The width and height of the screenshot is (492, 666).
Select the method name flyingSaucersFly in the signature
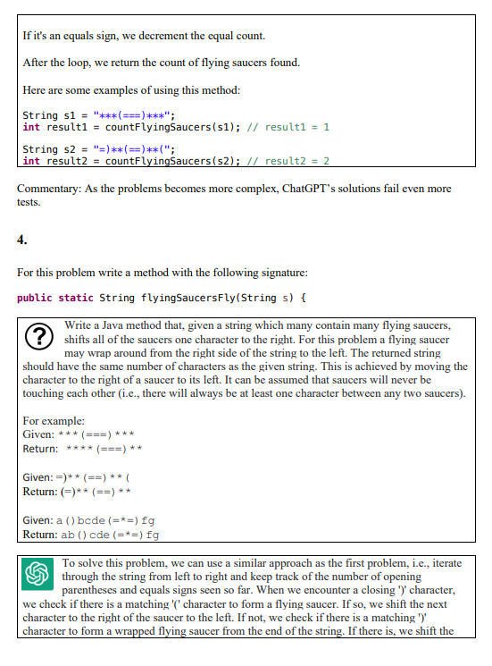(185, 297)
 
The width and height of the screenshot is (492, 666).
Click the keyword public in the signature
(37, 297)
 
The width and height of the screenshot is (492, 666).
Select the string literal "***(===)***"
(134, 115)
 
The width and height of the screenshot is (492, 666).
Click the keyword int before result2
(30, 161)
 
